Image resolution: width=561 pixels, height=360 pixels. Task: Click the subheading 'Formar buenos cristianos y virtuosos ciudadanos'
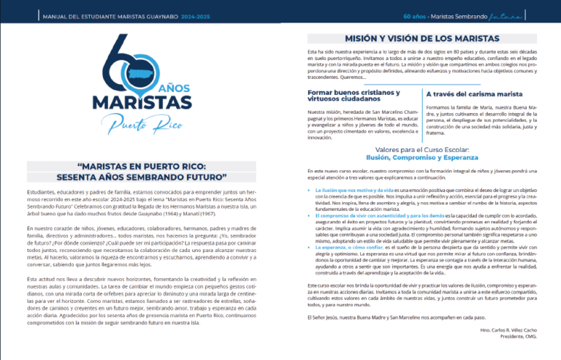click(x=354, y=96)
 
